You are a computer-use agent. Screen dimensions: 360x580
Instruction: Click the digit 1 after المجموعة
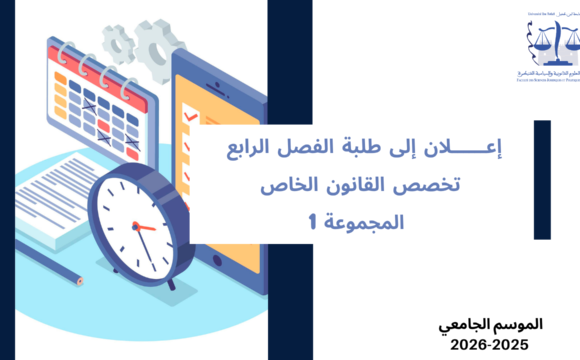[x=313, y=221]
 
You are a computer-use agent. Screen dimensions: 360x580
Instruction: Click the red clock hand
[x=144, y=229]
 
